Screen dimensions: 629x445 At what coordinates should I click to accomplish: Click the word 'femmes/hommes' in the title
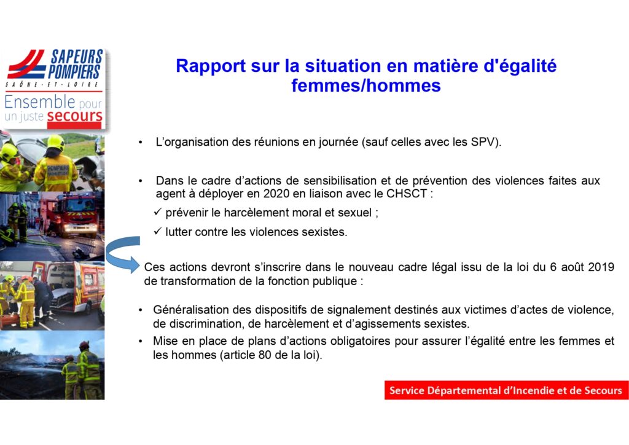point(366,86)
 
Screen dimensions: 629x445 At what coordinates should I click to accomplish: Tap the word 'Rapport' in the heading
point(211,66)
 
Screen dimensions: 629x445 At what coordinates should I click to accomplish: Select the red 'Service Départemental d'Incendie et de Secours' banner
point(506,390)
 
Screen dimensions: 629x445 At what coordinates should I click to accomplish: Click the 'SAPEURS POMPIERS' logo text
point(76,64)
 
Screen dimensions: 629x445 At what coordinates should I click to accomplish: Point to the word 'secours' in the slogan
point(74,116)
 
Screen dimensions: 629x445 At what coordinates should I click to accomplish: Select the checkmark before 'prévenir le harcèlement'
point(158,211)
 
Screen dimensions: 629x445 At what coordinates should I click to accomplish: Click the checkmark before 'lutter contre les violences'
point(158,230)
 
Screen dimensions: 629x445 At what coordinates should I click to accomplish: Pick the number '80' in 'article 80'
point(265,355)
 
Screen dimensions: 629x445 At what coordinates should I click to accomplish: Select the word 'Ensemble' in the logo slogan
point(40,102)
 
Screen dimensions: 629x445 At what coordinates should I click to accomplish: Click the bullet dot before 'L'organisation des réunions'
point(141,143)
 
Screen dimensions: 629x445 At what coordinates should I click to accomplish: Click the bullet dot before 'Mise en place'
point(141,342)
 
